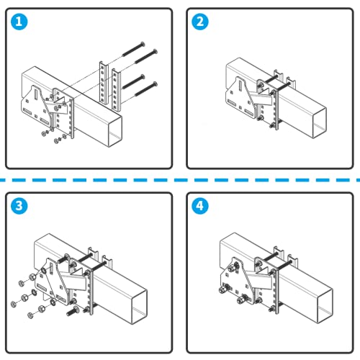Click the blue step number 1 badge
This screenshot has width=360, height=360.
(19, 22)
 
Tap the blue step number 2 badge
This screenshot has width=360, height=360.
(200, 22)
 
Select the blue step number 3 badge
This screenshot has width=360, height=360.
(19, 206)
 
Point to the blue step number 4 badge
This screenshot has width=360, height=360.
(200, 206)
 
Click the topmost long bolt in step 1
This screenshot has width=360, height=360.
(134, 49)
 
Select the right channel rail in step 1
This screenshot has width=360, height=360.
(116, 90)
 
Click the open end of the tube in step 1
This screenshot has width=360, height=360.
(116, 132)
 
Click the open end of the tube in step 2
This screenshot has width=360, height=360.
(320, 123)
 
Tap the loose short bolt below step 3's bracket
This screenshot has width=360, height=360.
(72, 311)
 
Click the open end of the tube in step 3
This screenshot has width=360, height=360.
(140, 307)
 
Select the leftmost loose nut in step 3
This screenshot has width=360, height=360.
(14, 304)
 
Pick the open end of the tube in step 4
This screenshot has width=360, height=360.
(325, 306)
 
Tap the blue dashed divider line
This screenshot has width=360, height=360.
(180, 180)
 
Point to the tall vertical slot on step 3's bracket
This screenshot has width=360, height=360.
(52, 269)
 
